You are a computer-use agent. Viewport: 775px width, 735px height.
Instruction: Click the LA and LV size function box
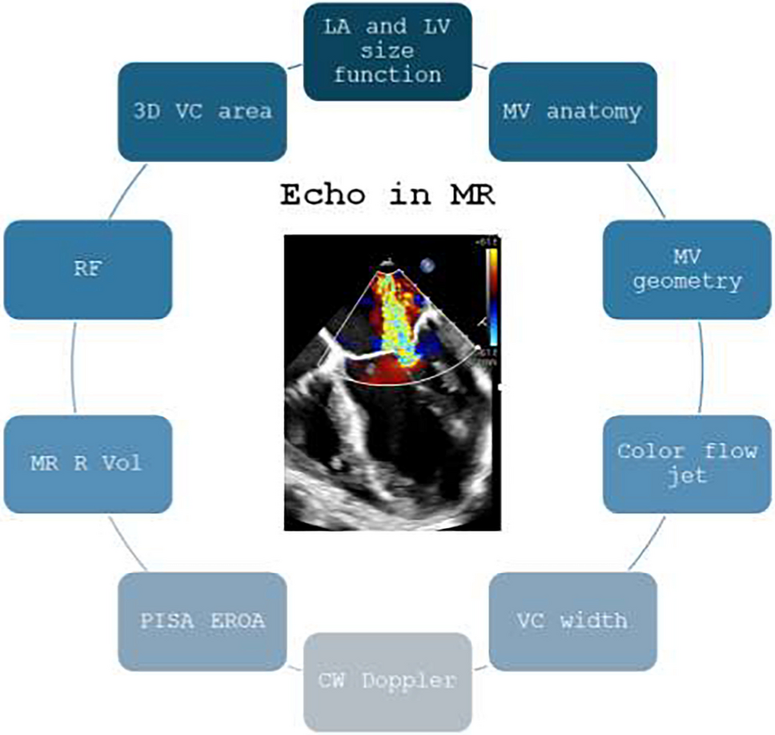tap(387, 52)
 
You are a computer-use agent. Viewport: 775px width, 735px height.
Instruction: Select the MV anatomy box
tap(572, 111)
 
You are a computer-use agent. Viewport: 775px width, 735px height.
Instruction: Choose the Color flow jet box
tap(686, 464)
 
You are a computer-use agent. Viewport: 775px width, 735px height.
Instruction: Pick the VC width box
tap(572, 621)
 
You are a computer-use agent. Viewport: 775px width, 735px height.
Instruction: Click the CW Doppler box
tap(387, 681)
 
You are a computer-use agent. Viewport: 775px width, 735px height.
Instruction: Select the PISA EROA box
tap(201, 621)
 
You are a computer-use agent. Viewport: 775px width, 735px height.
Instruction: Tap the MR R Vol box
tap(87, 464)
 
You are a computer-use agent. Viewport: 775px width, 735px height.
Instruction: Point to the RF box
tap(87, 270)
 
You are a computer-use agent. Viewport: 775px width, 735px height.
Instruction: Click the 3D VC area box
tap(201, 111)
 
